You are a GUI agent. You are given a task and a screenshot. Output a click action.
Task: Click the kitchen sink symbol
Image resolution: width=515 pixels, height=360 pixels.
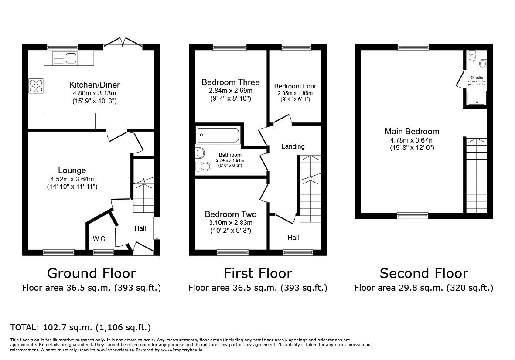tap(65, 58)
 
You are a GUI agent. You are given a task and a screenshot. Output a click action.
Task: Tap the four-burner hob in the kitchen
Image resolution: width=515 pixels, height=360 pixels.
tap(36, 85)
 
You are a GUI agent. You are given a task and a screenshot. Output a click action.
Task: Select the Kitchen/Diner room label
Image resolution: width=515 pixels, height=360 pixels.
tap(94, 85)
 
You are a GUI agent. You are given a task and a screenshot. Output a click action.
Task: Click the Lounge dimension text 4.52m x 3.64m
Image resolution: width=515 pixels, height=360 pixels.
tap(72, 179)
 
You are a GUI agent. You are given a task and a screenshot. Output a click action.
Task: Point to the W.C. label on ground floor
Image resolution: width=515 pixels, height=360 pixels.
tap(99, 238)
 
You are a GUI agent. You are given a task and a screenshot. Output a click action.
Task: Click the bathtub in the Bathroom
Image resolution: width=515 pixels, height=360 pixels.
tap(218, 135)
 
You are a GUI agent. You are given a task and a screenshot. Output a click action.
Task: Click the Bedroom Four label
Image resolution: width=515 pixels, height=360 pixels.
tap(295, 86)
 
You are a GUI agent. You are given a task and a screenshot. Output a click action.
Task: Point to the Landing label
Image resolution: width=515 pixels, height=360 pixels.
tap(293, 146)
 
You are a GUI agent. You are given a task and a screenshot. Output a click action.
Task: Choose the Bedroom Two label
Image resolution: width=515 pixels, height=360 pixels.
tap(230, 214)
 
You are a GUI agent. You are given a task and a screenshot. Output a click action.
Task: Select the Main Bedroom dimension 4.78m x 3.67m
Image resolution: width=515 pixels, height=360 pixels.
tap(412, 140)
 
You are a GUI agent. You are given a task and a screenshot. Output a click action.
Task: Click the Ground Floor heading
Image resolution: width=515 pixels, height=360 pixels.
tap(91, 273)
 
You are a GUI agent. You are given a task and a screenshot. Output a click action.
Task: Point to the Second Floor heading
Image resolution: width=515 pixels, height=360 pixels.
tap(423, 273)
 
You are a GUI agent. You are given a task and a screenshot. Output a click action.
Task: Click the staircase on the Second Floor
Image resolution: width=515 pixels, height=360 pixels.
tap(476, 174)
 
